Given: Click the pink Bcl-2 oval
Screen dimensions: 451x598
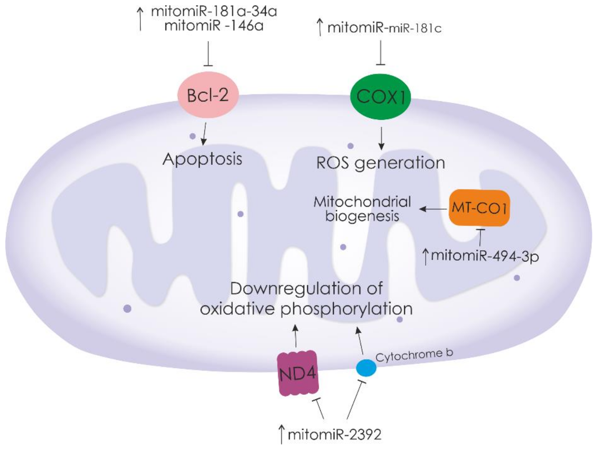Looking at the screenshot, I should (x=208, y=95).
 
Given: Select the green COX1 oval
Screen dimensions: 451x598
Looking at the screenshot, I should (x=380, y=96).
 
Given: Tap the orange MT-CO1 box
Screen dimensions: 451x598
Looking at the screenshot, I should (x=479, y=208).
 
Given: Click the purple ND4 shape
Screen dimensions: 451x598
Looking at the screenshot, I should (x=298, y=373).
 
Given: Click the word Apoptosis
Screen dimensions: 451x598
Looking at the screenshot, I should (x=202, y=159).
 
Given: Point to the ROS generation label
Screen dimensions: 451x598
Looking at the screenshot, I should (x=380, y=163).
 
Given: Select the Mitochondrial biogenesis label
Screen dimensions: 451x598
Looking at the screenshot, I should (x=362, y=209).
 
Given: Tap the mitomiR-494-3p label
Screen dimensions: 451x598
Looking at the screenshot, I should (x=485, y=256).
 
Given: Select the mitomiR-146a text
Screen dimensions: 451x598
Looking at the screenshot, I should (x=213, y=26).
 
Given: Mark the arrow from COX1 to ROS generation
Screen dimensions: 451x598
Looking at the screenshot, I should (x=381, y=138).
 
